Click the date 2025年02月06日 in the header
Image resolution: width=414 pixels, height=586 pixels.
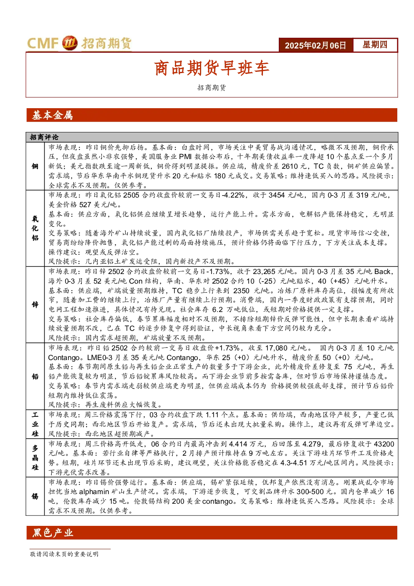click(x=315, y=45)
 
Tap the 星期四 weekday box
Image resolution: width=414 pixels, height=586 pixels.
click(x=375, y=45)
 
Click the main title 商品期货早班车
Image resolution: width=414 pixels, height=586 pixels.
click(x=212, y=68)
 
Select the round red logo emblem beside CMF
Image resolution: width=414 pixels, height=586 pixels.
click(x=70, y=43)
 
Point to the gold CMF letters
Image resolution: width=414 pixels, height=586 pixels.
click(x=43, y=43)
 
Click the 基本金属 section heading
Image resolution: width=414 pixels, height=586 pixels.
click(x=52, y=115)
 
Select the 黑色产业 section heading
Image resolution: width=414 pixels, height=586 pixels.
click(x=53, y=533)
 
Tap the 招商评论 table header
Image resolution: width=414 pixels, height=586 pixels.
click(x=44, y=137)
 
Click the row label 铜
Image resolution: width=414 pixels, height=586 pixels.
click(x=35, y=166)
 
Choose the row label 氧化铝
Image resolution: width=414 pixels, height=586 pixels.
click(x=35, y=228)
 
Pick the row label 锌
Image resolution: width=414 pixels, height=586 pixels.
click(x=35, y=304)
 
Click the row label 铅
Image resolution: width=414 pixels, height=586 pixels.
click(x=35, y=376)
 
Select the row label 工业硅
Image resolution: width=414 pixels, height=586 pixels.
click(x=35, y=424)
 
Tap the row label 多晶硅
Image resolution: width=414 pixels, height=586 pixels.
click(x=35, y=457)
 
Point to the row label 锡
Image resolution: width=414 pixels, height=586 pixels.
click(x=35, y=496)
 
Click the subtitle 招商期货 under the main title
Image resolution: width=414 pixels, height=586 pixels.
click(x=212, y=88)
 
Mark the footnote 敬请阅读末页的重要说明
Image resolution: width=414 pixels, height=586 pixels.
click(x=64, y=554)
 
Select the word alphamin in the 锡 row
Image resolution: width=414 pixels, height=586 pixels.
click(x=94, y=492)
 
